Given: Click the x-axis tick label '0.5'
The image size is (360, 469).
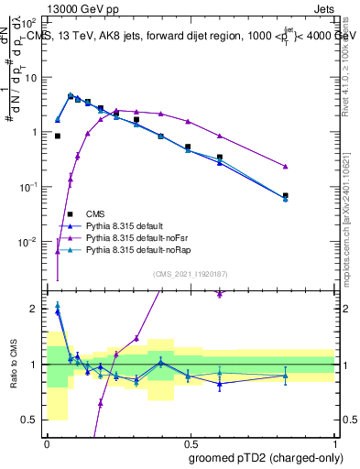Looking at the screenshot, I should [x=191, y=442].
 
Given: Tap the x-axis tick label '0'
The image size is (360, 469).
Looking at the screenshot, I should [x=47, y=442].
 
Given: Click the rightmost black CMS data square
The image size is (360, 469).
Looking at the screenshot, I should [x=286, y=195].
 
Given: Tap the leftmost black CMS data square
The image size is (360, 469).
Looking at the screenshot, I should [x=58, y=136].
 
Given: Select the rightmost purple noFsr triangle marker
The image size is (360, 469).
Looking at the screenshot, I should [x=286, y=166].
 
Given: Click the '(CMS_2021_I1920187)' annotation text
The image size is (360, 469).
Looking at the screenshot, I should [x=191, y=274].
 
